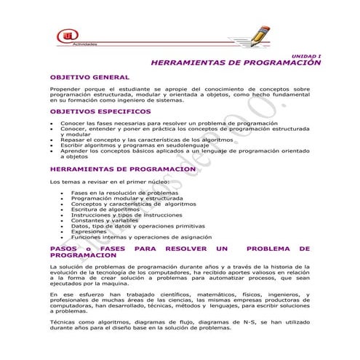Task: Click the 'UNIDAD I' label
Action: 306,56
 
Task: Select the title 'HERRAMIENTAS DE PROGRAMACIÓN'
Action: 236,63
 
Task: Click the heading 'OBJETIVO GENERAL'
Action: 89,77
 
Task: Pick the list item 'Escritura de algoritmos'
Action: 105,209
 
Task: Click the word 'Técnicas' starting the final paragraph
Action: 64,321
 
